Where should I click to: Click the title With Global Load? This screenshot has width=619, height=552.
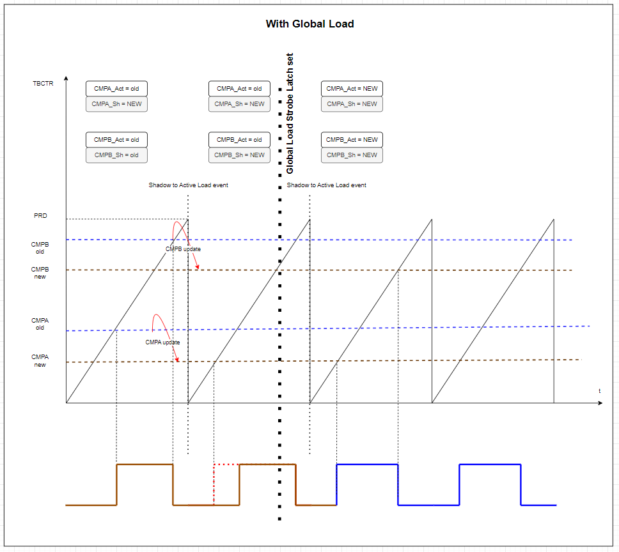click(309, 24)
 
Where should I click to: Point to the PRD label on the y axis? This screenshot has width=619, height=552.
click(40, 216)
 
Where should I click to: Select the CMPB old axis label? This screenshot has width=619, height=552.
click(40, 248)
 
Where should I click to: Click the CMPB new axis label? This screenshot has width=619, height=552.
click(40, 273)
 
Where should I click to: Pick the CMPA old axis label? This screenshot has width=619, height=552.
click(40, 324)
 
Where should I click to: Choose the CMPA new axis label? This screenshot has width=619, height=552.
click(40, 361)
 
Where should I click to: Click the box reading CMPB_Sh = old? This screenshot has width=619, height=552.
click(116, 155)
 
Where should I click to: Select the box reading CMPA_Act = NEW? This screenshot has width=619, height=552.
click(352, 89)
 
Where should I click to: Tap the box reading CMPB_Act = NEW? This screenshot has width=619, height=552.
click(352, 140)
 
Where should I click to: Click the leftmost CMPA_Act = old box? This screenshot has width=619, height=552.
click(116, 89)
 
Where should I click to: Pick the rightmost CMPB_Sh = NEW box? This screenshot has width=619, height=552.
click(352, 155)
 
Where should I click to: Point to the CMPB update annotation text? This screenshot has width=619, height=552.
click(184, 249)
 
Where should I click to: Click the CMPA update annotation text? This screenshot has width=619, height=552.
click(162, 342)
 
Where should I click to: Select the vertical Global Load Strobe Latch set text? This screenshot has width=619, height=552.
click(290, 114)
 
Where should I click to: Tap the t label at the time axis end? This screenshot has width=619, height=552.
click(599, 390)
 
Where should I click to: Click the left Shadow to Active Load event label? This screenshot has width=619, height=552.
click(188, 185)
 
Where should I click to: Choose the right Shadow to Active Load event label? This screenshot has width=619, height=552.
click(326, 185)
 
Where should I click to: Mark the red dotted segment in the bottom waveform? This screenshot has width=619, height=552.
click(226, 464)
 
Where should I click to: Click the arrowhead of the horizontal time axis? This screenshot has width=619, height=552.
click(600, 403)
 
